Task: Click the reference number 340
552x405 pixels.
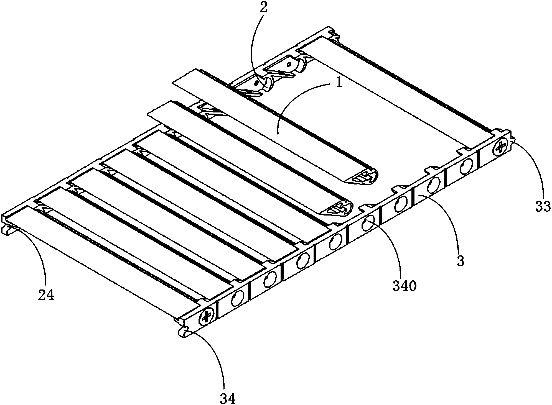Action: pyautogui.click(x=405, y=286)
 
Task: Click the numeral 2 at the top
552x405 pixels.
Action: pyautogui.click(x=263, y=7)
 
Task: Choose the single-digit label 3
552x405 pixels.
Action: pyautogui.click(x=460, y=261)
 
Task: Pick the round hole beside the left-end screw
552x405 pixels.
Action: pyautogui.click(x=237, y=298)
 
